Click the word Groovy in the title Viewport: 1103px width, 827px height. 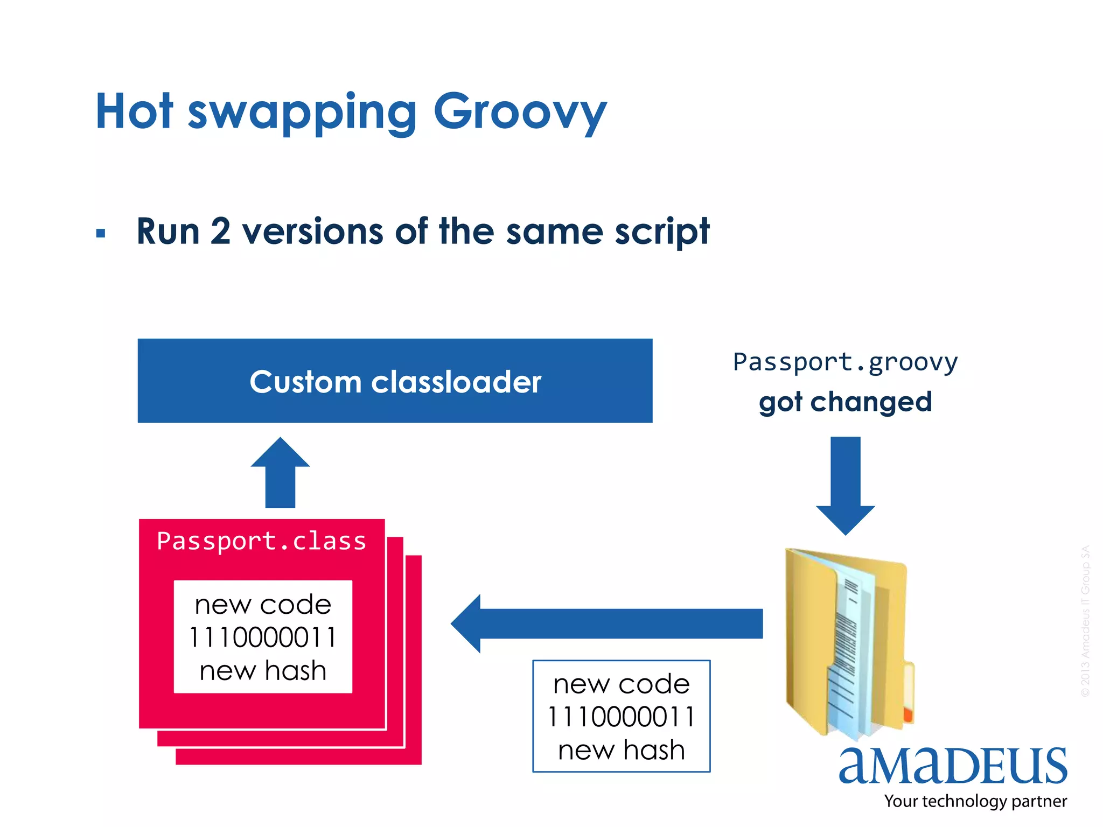(520, 111)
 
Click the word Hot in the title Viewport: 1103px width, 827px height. (134, 111)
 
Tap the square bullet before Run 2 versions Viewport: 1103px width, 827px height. (101, 234)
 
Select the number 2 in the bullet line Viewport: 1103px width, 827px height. (220, 232)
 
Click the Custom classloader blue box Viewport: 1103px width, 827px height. (395, 381)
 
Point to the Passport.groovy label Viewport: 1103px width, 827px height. (845, 362)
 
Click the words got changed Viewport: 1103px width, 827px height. (845, 402)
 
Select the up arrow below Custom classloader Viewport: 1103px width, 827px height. (280, 472)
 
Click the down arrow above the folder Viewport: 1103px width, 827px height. (845, 485)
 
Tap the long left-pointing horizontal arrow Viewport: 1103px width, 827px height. (606, 623)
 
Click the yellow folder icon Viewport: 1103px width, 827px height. (848, 643)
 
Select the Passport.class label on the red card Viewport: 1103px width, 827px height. (261, 541)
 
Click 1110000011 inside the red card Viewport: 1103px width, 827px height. (263, 637)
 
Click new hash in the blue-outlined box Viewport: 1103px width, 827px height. (621, 750)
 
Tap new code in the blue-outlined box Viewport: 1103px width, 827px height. (621, 684)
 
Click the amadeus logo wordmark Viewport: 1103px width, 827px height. (952, 766)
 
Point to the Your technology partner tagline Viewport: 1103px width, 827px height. (975, 801)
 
